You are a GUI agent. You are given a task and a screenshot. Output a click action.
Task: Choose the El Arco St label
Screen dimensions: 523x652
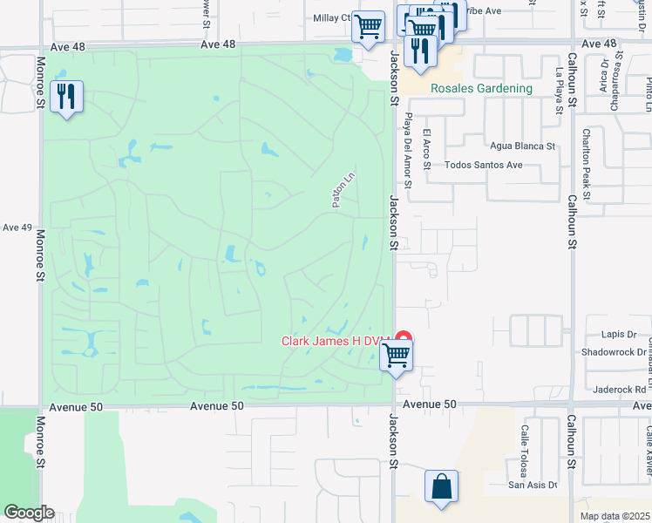click(x=426, y=145)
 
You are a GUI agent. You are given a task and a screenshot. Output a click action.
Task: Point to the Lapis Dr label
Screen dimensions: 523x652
click(x=620, y=335)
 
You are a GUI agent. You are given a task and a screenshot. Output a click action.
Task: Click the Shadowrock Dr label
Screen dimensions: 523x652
click(x=610, y=353)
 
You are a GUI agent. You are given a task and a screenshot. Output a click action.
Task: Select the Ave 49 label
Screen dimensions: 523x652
click(x=17, y=228)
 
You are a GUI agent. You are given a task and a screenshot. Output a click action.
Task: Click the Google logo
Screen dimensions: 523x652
click(x=30, y=513)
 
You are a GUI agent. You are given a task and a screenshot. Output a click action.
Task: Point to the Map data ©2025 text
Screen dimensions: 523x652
click(x=615, y=516)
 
